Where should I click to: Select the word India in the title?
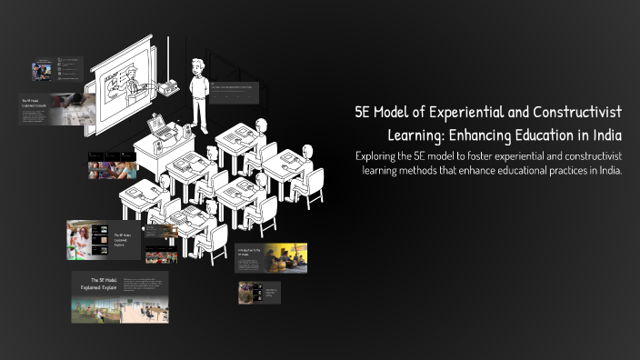[x=612, y=135]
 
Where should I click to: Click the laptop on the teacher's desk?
[x=155, y=123]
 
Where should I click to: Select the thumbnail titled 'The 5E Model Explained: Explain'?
[x=119, y=296]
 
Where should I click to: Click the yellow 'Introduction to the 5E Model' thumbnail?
[x=270, y=257]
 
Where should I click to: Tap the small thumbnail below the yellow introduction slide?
[x=259, y=292]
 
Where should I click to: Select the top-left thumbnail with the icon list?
[x=56, y=69]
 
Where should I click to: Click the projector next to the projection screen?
[x=168, y=87]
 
